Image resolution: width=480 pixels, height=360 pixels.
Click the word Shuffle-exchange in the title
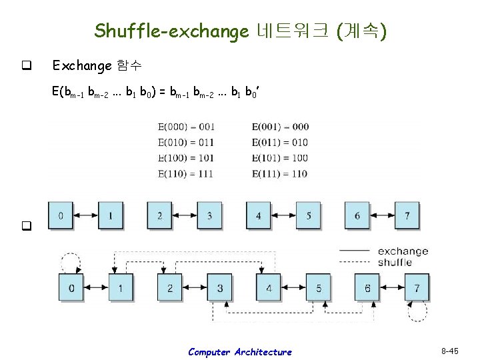click(x=171, y=31)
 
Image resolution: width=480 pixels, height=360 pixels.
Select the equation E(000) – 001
click(x=186, y=127)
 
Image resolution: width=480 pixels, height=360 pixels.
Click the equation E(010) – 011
click(x=186, y=142)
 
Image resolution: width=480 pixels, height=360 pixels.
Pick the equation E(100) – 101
click(x=186, y=158)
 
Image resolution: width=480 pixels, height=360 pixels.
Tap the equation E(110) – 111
click(x=186, y=173)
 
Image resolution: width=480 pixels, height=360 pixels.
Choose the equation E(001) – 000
click(x=281, y=127)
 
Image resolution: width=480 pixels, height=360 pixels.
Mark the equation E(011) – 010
click(x=281, y=142)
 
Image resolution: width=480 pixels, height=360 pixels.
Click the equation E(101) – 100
click(x=281, y=158)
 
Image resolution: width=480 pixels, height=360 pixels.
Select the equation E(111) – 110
click(x=281, y=173)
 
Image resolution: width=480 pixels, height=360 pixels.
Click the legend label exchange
click(x=403, y=251)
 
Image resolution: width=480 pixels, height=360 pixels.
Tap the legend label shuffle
click(x=395, y=262)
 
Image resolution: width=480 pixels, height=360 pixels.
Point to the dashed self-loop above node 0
click(x=71, y=261)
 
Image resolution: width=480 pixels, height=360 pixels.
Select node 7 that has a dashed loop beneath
click(x=417, y=287)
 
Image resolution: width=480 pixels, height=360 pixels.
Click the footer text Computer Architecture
click(x=239, y=352)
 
